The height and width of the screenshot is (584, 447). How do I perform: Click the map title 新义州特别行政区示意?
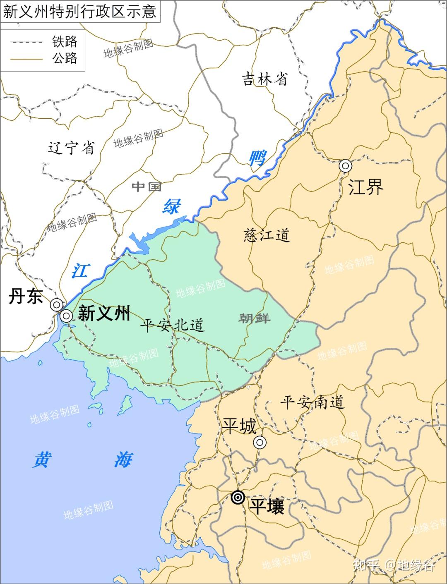click(80, 11)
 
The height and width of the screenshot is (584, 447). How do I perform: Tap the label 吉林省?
click(264, 79)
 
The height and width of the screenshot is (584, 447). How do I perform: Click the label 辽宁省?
click(71, 148)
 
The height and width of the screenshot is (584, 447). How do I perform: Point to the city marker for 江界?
click(345, 166)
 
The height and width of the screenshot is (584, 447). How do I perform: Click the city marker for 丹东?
click(56, 305)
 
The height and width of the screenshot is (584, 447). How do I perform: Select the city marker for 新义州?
click(66, 316)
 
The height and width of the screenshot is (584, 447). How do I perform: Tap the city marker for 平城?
click(260, 443)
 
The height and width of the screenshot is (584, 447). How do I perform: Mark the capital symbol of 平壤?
click(238, 497)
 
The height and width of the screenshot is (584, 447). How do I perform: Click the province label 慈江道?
click(267, 235)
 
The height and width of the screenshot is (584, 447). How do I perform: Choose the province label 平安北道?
click(172, 325)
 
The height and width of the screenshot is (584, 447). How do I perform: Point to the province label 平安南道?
click(312, 402)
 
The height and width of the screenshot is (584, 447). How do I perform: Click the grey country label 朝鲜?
click(255, 318)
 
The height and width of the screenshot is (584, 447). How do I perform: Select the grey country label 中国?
click(147, 187)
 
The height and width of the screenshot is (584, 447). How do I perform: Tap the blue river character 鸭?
click(257, 158)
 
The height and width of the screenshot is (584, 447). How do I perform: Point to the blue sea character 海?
click(123, 460)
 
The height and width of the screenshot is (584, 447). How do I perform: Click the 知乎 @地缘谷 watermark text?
click(393, 565)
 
